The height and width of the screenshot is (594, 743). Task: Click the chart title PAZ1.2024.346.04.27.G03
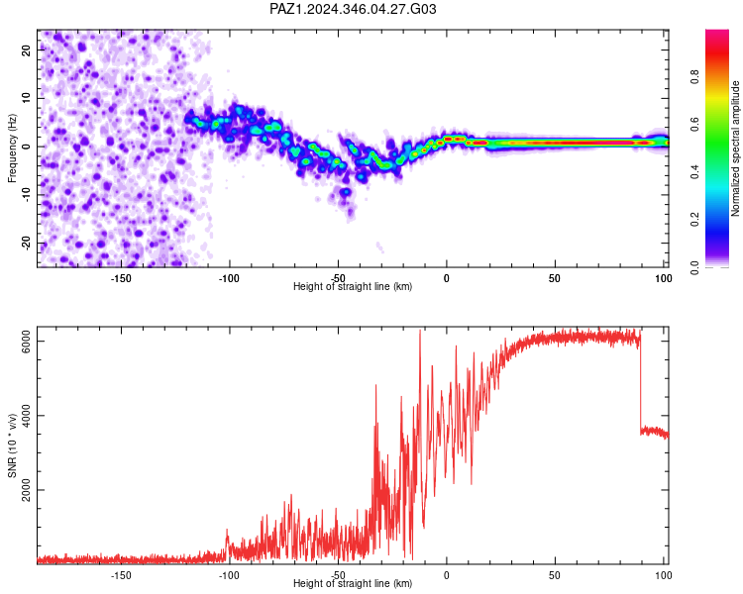coord(353,9)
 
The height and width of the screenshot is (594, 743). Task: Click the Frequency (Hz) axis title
coord(12,148)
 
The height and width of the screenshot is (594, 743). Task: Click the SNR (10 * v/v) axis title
coord(12,445)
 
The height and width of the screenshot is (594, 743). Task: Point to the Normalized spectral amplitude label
coord(735,148)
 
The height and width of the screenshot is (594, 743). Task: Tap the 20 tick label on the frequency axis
coord(27,49)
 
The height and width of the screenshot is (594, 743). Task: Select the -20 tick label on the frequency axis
coord(27,244)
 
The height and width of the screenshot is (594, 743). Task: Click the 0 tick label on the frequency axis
coord(27,147)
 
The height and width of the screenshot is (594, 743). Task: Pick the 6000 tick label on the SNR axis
coord(27,341)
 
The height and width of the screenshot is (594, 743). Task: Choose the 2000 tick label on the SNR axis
coord(27,490)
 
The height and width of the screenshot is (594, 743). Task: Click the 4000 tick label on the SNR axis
coord(27,416)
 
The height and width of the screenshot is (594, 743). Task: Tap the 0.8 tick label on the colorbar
coord(694,76)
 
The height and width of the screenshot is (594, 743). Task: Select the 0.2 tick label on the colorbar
coord(694,219)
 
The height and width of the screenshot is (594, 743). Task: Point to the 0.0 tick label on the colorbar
coord(694,267)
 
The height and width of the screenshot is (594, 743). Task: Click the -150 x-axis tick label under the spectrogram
coord(121,278)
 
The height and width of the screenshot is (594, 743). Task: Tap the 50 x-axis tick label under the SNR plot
coord(555,575)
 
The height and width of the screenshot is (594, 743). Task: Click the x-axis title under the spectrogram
coord(353,286)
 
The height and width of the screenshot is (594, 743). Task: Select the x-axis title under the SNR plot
coord(353,583)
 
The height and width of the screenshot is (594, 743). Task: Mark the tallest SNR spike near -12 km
coord(420,331)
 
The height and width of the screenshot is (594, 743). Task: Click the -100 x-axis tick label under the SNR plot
coord(229,575)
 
